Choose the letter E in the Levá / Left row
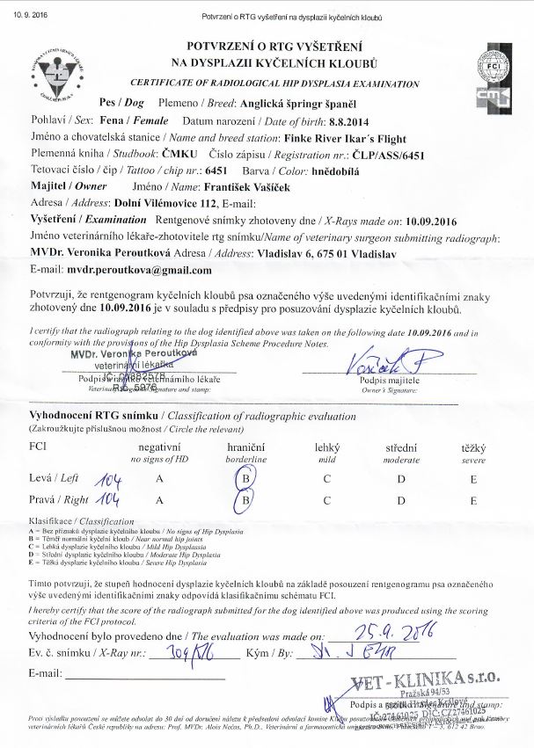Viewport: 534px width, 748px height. click(x=473, y=479)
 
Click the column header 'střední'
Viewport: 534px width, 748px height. click(x=401, y=447)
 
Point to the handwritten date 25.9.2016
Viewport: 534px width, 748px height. click(x=384, y=635)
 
